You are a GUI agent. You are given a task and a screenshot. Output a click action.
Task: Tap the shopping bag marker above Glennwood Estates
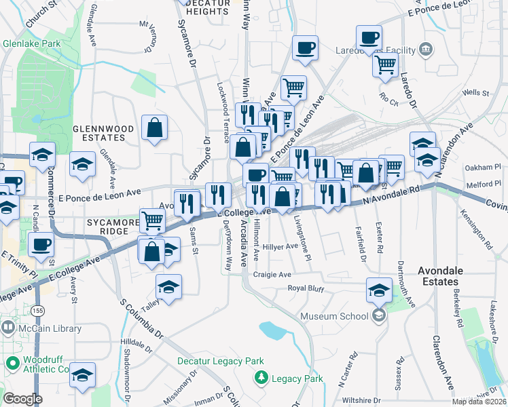pos(155,128)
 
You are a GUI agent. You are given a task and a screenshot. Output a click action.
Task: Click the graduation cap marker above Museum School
pos(379,290)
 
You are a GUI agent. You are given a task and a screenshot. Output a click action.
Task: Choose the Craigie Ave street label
pos(272,275)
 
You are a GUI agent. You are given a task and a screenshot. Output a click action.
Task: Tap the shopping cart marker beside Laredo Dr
pos(385,65)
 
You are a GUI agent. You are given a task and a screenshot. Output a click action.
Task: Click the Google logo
pos(22,399)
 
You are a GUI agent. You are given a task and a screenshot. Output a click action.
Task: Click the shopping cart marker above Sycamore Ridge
pos(153,220)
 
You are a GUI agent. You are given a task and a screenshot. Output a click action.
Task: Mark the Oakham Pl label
pos(484,168)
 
